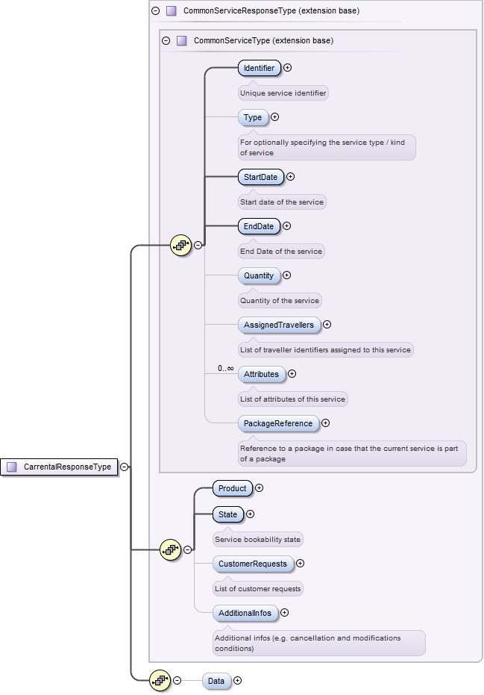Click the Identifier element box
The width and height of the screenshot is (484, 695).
point(259,68)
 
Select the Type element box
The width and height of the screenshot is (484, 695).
point(253,117)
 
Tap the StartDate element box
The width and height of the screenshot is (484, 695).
point(260,178)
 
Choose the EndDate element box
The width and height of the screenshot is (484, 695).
point(258,226)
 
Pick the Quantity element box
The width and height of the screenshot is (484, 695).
point(259,275)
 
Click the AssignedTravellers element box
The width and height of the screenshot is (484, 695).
point(278,325)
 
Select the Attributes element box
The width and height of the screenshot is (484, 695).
point(261,374)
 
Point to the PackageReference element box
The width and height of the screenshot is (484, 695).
point(277,423)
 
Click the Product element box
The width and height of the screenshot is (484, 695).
point(232,488)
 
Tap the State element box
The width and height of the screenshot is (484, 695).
point(227,514)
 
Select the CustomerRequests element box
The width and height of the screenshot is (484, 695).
point(252,564)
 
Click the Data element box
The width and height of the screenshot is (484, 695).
point(216,681)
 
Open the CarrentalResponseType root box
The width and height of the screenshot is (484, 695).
point(60,467)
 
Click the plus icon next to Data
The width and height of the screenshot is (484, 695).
point(238,680)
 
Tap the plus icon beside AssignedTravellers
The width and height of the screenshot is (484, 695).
point(327,325)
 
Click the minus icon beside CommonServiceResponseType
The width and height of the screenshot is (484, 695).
point(155,11)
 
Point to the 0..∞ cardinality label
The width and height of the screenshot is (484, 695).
point(225,369)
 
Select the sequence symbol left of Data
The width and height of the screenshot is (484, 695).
point(160,680)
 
